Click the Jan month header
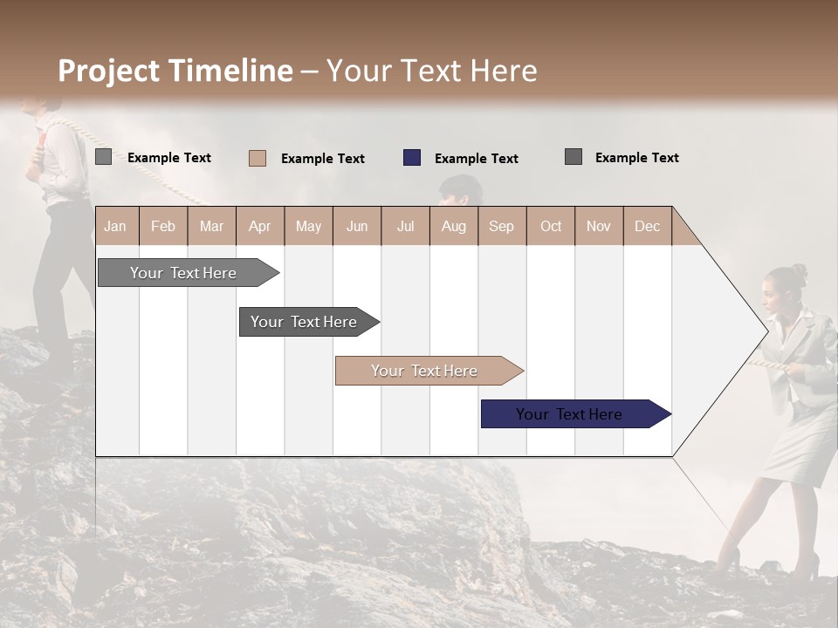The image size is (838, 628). [115, 226]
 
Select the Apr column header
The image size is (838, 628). [259, 226]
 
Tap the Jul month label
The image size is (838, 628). [405, 226]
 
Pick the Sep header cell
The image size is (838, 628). [501, 226]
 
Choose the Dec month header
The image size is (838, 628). [647, 226]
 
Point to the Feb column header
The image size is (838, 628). [163, 226]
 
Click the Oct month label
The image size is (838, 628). [551, 226]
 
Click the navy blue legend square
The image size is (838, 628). [412, 158]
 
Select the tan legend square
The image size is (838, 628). [258, 158]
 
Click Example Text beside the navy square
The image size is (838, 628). [476, 159]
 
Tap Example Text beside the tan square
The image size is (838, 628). [322, 159]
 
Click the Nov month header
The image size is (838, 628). [598, 226]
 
